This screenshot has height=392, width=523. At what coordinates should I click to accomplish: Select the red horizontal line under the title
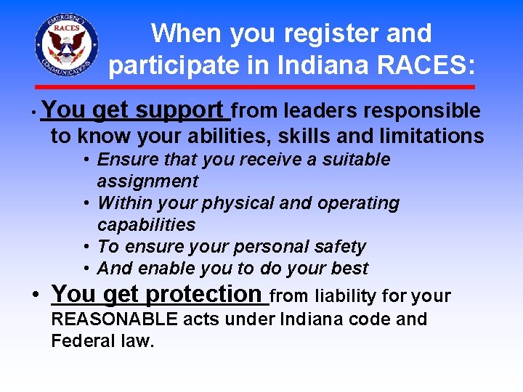[261, 86]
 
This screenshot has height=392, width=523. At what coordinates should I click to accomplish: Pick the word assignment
[147, 181]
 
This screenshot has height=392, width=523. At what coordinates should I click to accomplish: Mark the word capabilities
[146, 225]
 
